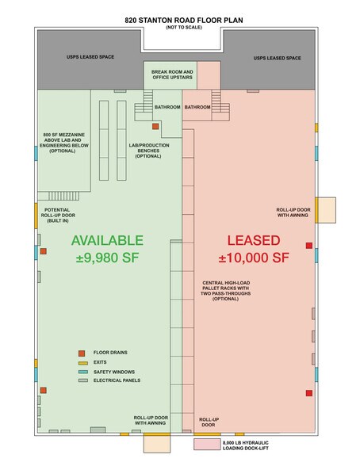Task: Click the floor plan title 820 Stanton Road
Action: (184, 21)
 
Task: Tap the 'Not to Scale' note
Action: (184, 27)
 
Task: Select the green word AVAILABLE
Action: (107, 240)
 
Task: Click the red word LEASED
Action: (254, 240)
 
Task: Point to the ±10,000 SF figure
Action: (254, 258)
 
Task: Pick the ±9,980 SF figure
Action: (107, 258)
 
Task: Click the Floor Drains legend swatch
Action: (82, 353)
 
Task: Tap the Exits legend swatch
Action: (83, 363)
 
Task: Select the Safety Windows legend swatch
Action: (83, 372)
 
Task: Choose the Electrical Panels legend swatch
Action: (83, 380)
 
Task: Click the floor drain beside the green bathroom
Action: (155, 126)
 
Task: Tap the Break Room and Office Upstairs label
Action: (172, 74)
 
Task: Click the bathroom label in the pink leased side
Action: (197, 107)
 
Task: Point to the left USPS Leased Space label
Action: (90, 57)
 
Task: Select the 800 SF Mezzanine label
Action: (64, 143)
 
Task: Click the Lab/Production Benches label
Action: (148, 151)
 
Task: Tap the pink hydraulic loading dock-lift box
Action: (207, 445)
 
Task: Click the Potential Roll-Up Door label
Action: (58, 216)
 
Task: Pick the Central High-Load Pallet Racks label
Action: (225, 291)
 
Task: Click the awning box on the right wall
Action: (327, 210)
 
